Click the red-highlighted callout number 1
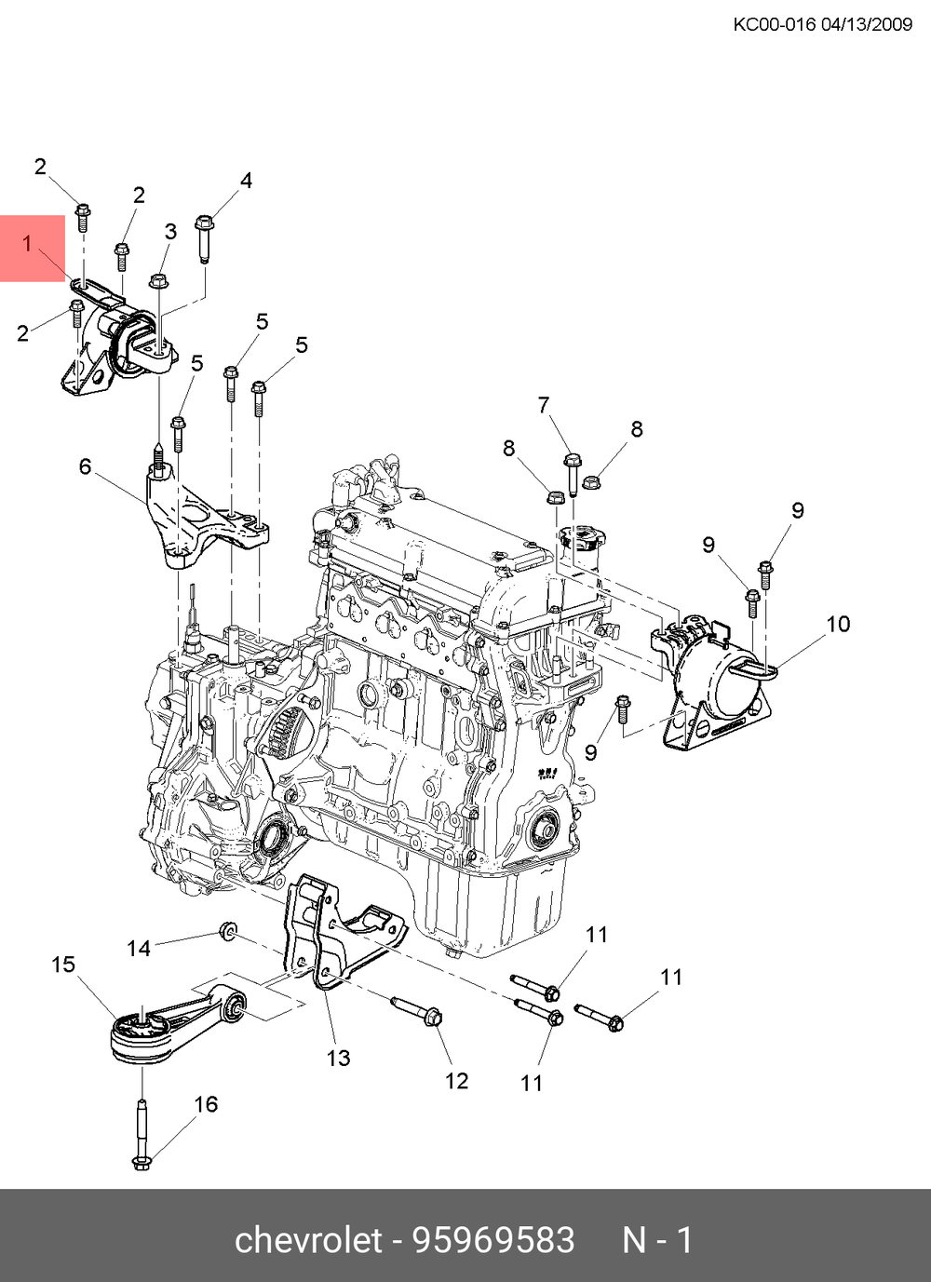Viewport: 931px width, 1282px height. (28, 244)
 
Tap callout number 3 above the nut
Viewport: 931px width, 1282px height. (170, 231)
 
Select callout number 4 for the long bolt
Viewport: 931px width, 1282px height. (246, 181)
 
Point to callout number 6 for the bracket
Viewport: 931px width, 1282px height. (85, 466)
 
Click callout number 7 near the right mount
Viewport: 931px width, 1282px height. (544, 405)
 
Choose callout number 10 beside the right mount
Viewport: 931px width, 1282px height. (838, 624)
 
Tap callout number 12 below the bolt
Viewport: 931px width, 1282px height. (456, 1081)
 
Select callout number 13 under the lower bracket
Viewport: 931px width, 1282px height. (338, 1058)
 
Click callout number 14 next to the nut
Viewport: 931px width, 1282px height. (139, 948)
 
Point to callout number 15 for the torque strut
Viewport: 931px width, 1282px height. (63, 965)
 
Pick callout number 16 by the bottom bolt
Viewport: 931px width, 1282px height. (206, 1104)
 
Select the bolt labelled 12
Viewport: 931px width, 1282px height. (414, 1010)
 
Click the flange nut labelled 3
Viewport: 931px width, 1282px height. (159, 279)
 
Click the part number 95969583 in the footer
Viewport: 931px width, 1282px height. (493, 1240)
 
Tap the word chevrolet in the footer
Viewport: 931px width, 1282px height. (308, 1240)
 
